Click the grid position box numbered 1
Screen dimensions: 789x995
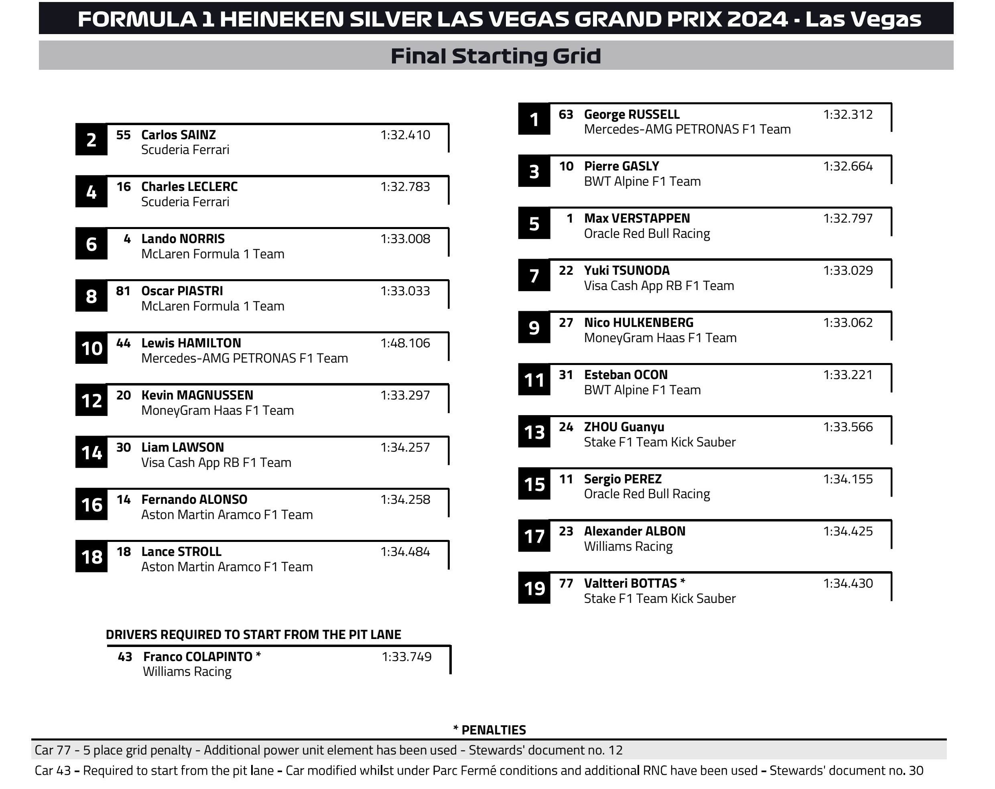pos(534,120)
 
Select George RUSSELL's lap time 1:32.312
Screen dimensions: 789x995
pos(848,114)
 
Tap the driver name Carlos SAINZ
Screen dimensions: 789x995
pos(178,135)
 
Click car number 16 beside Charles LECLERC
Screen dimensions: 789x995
pos(123,187)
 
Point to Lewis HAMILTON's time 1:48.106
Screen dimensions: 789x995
pos(405,343)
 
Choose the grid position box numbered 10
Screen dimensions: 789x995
pos(91,348)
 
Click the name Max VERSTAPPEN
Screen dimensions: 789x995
pos(637,218)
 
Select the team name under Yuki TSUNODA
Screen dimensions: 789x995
pos(658,286)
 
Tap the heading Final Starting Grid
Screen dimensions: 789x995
pos(495,56)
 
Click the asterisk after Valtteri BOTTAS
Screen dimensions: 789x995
pos(682,582)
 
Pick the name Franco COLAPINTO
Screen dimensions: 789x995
pos(197,657)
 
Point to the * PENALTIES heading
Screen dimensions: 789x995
pos(489,730)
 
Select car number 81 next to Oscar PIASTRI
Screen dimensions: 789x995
pos(123,291)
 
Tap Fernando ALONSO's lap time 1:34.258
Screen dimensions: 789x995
pos(405,500)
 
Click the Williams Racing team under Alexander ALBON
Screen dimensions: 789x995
pos(628,546)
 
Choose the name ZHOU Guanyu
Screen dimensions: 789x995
pos(624,427)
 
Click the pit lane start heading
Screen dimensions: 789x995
pos(254,635)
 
